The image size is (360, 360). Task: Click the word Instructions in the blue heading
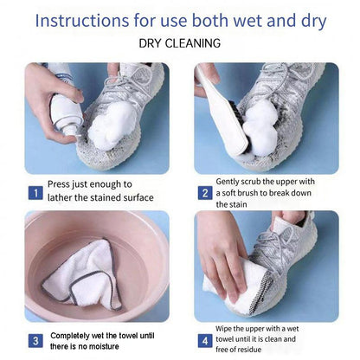coord(82,21)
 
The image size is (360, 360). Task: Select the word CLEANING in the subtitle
coord(193,43)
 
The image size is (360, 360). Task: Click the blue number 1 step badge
coord(35,193)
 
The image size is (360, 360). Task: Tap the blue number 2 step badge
coord(205,193)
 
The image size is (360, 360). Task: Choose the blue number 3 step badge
coord(35,341)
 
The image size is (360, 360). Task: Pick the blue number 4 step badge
coord(205,341)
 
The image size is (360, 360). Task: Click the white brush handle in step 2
coord(224,111)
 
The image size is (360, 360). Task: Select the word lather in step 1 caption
coord(60,198)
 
